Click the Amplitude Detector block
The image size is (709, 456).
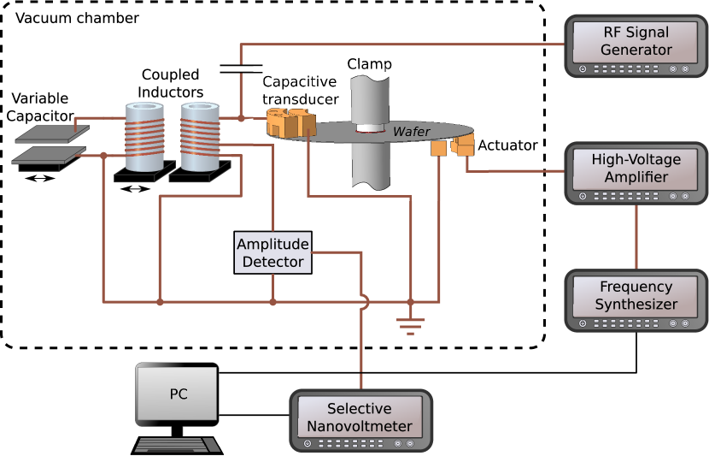coord(272,253)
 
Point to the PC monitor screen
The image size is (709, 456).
coord(177,394)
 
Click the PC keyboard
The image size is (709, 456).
coord(177,443)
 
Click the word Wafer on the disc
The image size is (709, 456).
coord(413,132)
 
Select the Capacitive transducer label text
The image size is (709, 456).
coord(300,90)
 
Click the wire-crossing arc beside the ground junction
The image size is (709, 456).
coord(366,301)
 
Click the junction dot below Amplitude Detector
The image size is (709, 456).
coord(272,301)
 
